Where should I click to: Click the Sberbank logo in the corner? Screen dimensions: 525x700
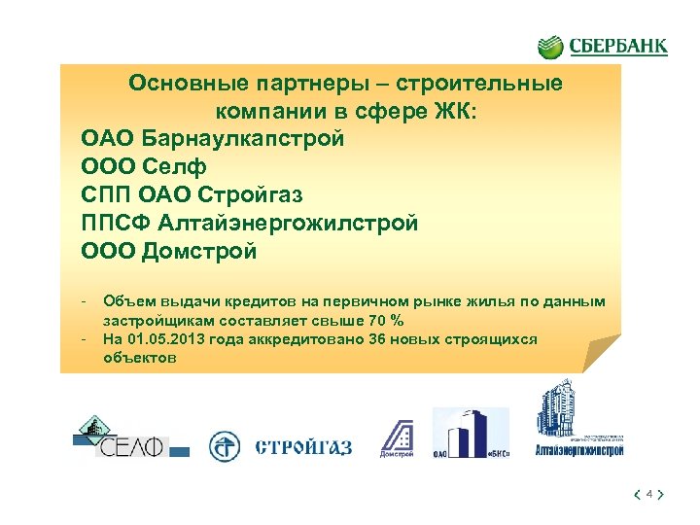603,46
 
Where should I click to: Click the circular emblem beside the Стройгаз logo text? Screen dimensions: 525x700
226,447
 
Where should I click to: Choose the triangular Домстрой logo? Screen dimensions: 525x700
397,437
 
